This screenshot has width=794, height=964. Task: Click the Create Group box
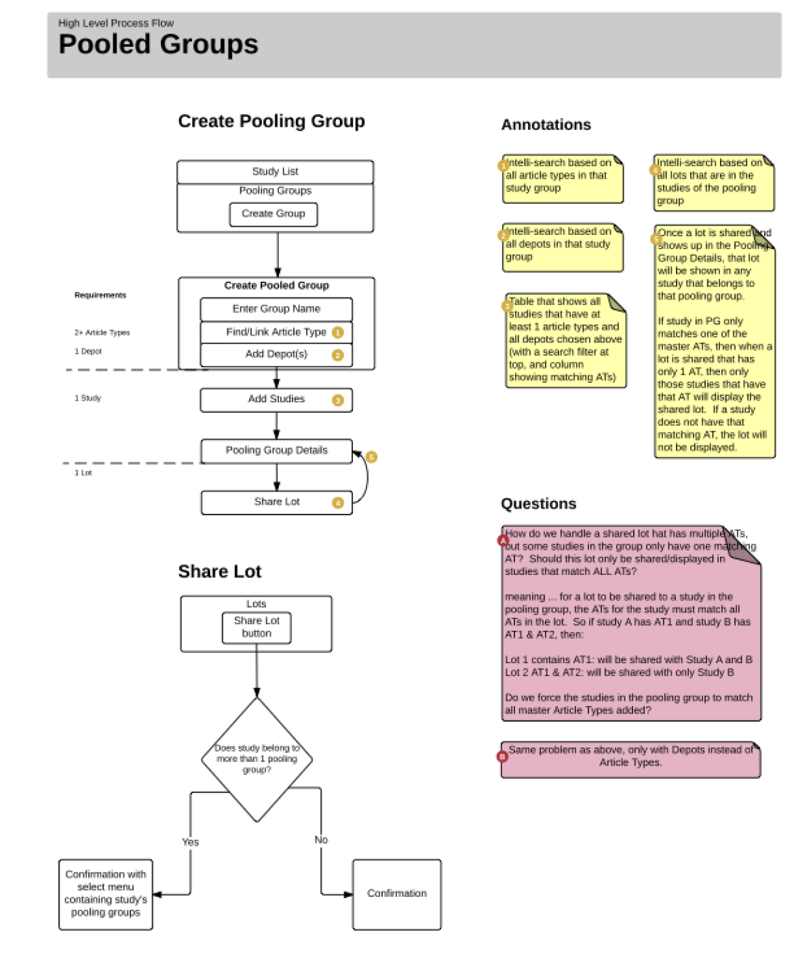coord(273,214)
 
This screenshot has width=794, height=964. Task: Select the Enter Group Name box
coord(276,309)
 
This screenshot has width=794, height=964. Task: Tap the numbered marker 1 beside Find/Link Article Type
coord(338,333)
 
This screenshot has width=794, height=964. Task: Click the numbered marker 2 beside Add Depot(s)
coord(338,355)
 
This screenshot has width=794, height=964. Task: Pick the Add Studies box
coord(276,400)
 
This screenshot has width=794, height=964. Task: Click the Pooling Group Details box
coord(276,451)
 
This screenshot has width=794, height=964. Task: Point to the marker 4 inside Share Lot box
coord(338,503)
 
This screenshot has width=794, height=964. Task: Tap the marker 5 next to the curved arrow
coord(371,457)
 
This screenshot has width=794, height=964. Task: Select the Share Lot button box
coord(257,627)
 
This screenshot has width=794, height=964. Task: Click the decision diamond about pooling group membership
coord(257,759)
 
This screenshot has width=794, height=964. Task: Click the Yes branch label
coord(191,842)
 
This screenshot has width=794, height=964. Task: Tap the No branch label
coord(321,840)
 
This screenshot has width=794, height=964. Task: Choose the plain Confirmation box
coord(397,894)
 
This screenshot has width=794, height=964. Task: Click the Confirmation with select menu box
coord(106,894)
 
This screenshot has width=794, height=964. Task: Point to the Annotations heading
coord(546,125)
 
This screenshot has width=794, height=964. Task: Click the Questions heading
coord(538,504)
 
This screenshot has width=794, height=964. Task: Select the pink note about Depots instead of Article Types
coord(631,759)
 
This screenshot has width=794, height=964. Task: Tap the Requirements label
coord(100,295)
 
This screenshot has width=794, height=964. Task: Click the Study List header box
coord(275,172)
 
